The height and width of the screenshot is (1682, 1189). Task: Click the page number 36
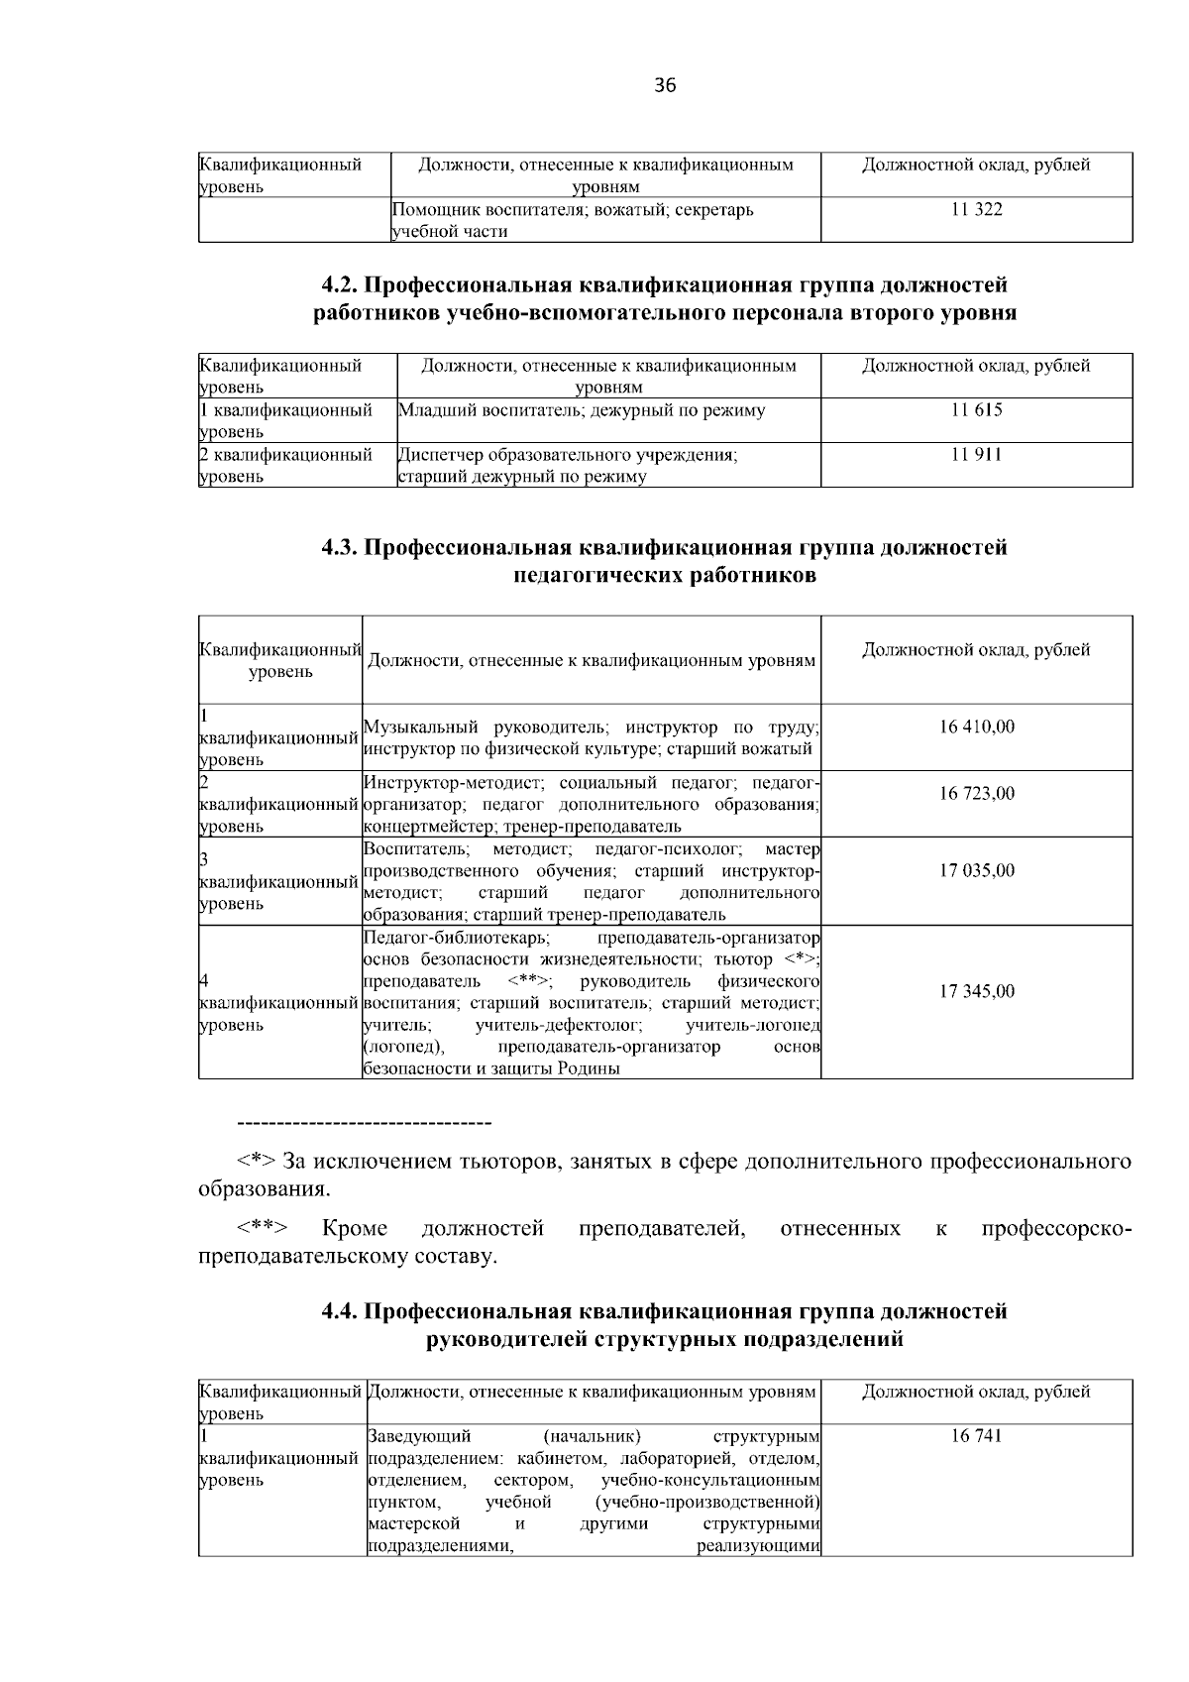(665, 86)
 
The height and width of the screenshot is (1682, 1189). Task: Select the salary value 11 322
(976, 209)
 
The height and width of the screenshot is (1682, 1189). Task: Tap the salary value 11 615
(976, 410)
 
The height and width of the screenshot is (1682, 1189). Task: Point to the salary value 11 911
(976, 455)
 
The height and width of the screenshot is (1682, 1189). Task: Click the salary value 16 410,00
(976, 727)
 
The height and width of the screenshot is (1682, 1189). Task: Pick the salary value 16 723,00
(976, 794)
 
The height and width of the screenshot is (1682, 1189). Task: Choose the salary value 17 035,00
(976, 870)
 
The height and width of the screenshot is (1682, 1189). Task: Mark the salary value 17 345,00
(976, 991)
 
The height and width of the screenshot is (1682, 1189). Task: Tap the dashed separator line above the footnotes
(365, 1123)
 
